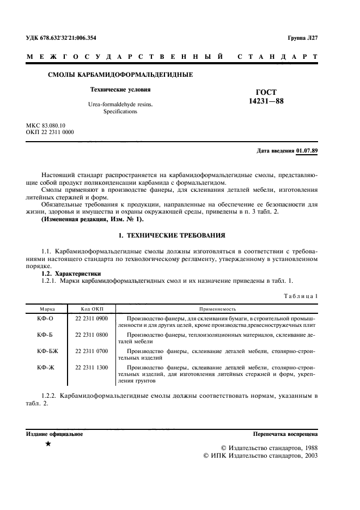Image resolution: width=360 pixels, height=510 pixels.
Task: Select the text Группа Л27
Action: point(302,38)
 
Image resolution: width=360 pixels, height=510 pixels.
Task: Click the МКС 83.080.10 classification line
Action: point(46,125)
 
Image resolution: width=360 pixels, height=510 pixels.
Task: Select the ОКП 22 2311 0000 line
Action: point(50,132)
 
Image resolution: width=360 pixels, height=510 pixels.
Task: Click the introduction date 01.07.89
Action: point(307,150)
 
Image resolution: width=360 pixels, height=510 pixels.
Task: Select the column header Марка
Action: point(44,308)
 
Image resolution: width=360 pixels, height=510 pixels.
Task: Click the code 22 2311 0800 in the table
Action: point(91,335)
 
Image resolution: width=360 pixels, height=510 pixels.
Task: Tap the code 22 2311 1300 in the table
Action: point(91,368)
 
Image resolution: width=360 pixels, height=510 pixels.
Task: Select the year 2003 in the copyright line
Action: point(309,454)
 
